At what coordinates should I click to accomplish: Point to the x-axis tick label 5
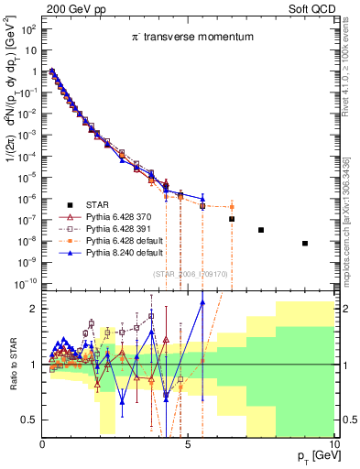click(187, 446)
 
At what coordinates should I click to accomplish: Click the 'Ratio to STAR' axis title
click(12, 364)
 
